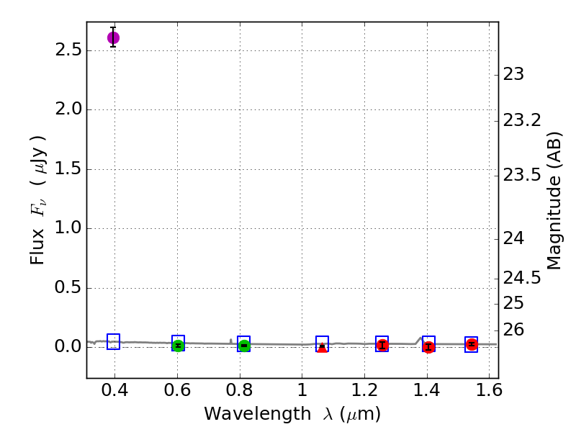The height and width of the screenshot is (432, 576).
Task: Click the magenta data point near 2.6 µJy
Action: coord(113,37)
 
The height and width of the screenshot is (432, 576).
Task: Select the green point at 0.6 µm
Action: coord(178,346)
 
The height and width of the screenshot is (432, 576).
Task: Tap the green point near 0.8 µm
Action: coord(244,346)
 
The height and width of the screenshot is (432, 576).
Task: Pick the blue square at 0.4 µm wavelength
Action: coord(113,342)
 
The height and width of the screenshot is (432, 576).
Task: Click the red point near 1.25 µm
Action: coord(382,345)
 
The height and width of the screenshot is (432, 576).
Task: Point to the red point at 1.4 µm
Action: coord(428,347)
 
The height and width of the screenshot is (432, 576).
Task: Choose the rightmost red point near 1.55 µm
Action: coord(472,344)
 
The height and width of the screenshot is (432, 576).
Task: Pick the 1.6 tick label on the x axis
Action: coord(489,392)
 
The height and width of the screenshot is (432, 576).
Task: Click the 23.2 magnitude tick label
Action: coord(522,120)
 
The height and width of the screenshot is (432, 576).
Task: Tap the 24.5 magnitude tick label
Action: coord(522,278)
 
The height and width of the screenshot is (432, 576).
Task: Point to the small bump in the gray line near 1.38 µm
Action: coord(420,338)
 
